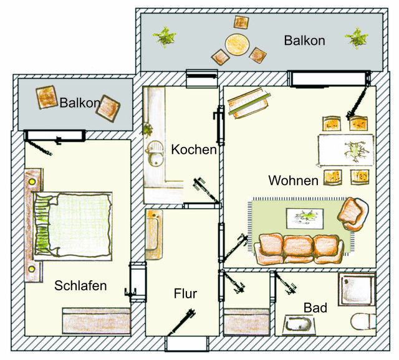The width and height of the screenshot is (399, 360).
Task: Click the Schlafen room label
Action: [80, 286]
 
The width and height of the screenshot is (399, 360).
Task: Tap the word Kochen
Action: [194, 150]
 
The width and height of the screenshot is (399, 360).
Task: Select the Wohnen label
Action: [294, 181]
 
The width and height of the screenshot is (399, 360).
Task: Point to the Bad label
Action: [315, 308]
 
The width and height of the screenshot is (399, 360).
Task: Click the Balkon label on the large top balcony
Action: [304, 41]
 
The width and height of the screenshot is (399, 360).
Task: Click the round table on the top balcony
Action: [237, 44]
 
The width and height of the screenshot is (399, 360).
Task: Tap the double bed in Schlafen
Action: [74, 224]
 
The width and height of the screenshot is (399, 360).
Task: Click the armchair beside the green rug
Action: [352, 214]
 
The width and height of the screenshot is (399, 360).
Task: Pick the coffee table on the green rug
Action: [305, 218]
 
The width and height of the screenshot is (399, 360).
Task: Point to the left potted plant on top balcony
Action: [165, 36]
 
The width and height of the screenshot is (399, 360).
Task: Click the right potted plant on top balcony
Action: [357, 37]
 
